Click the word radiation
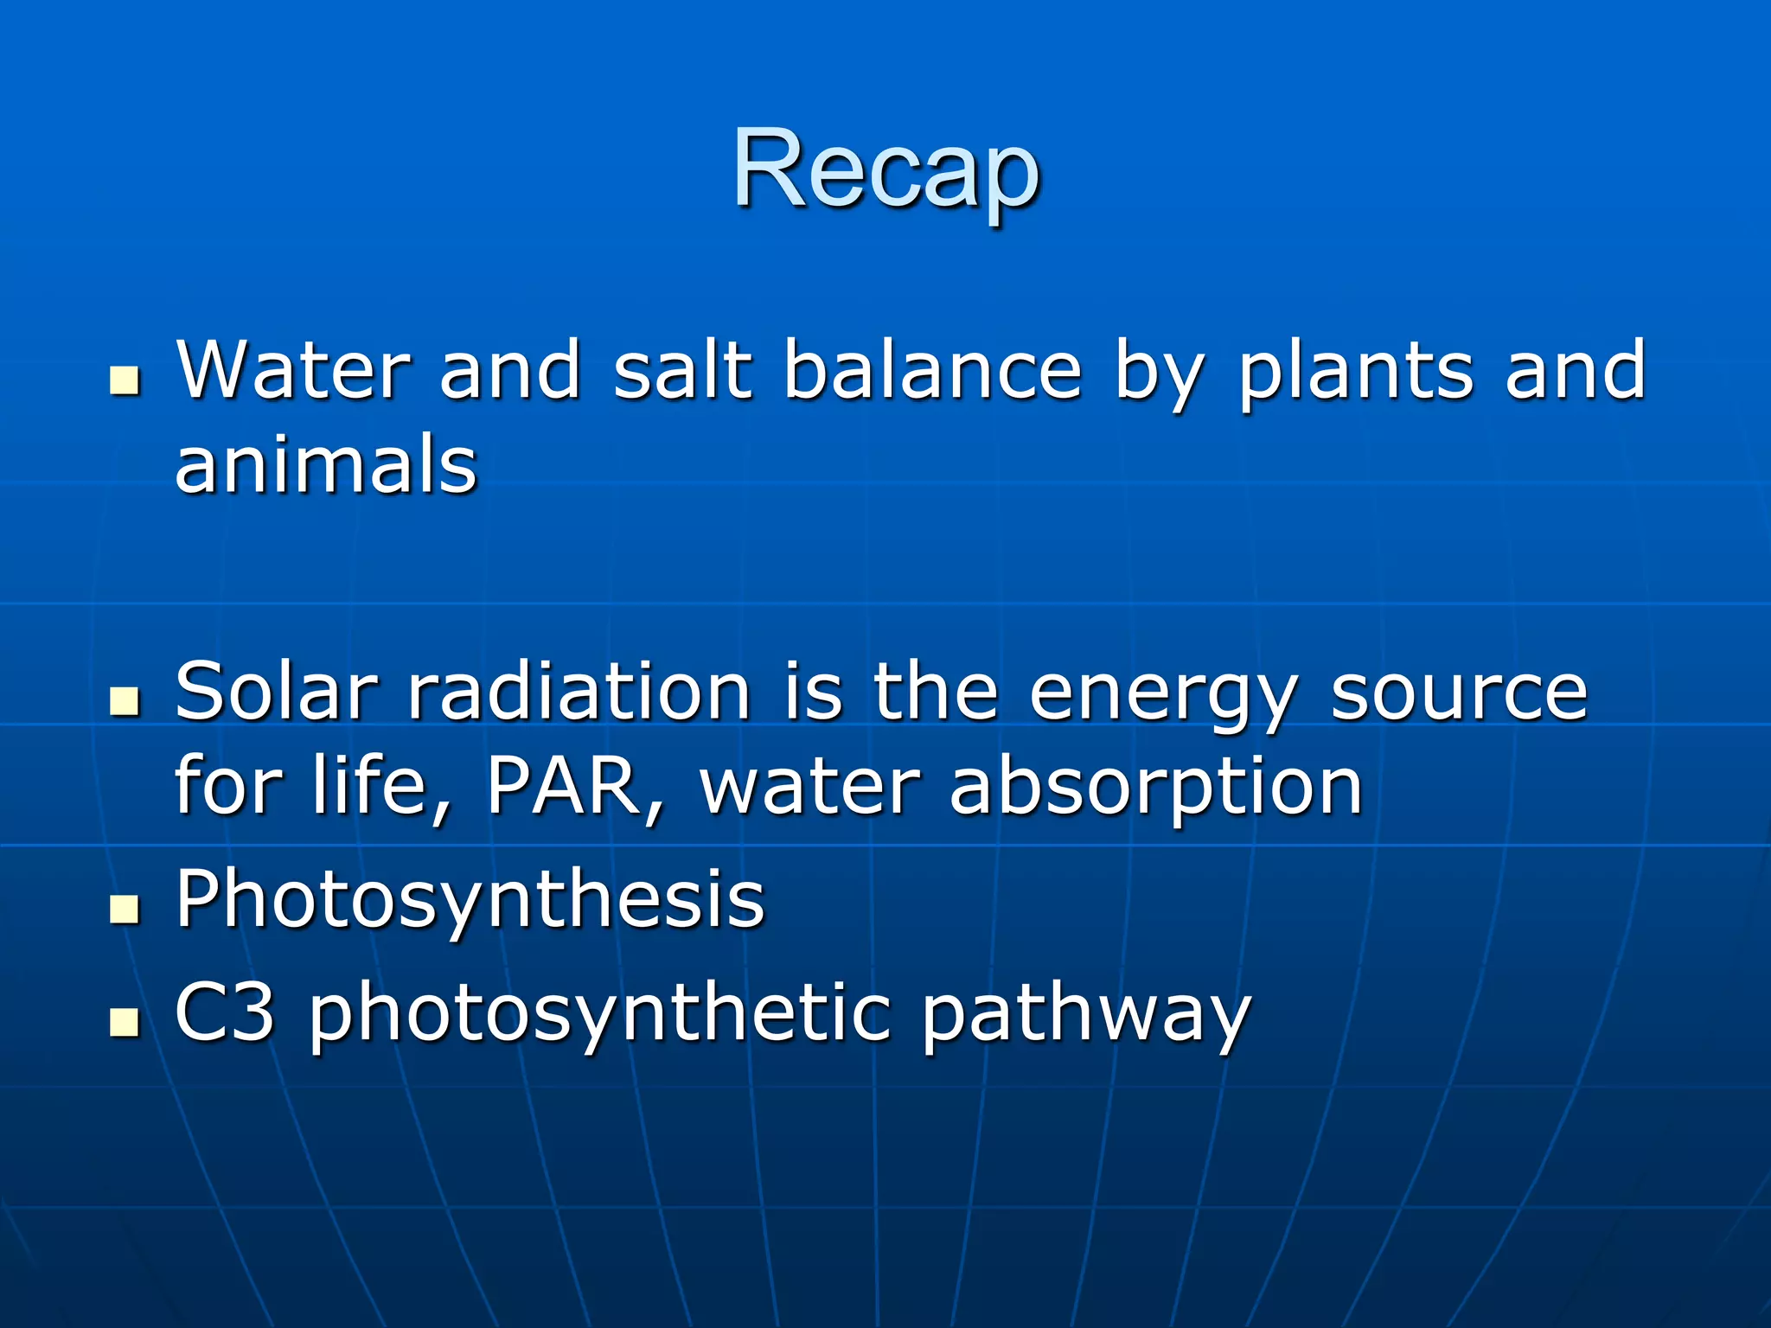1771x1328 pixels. [579, 692]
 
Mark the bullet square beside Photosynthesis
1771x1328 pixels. [125, 909]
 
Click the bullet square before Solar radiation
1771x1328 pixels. [125, 701]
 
